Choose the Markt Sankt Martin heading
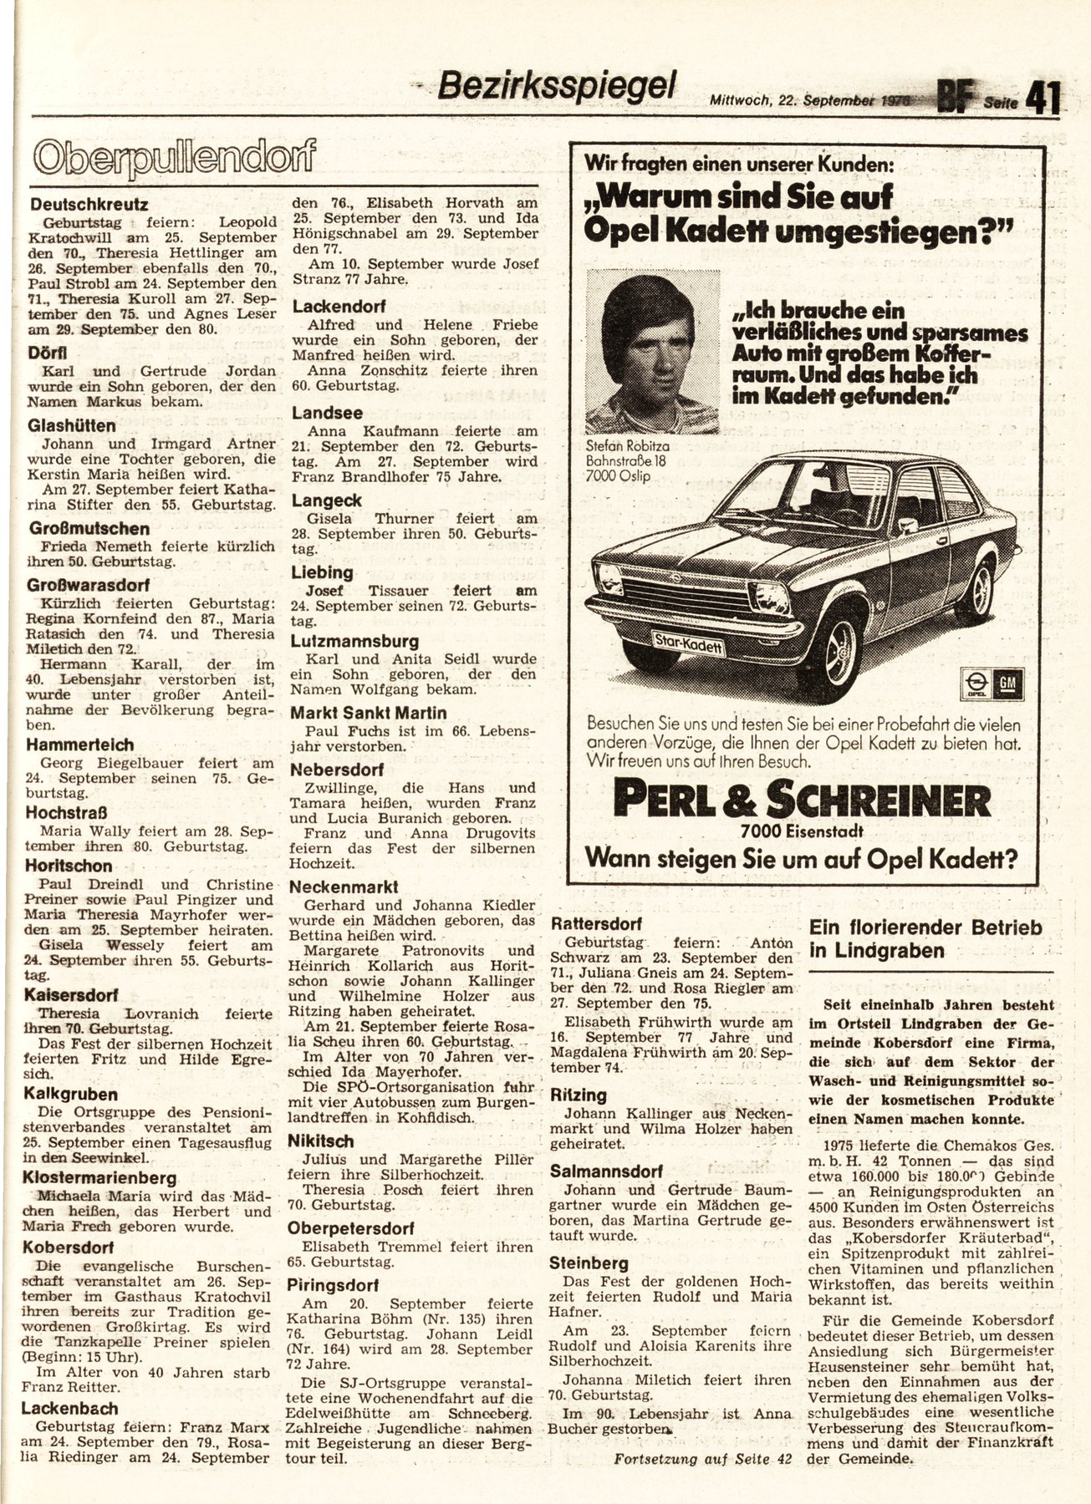[369, 714]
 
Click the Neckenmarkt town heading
[343, 887]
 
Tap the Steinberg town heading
[589, 1263]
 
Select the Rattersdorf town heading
[596, 924]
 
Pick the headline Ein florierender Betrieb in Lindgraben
[925, 938]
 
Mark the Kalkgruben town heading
[71, 1095]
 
